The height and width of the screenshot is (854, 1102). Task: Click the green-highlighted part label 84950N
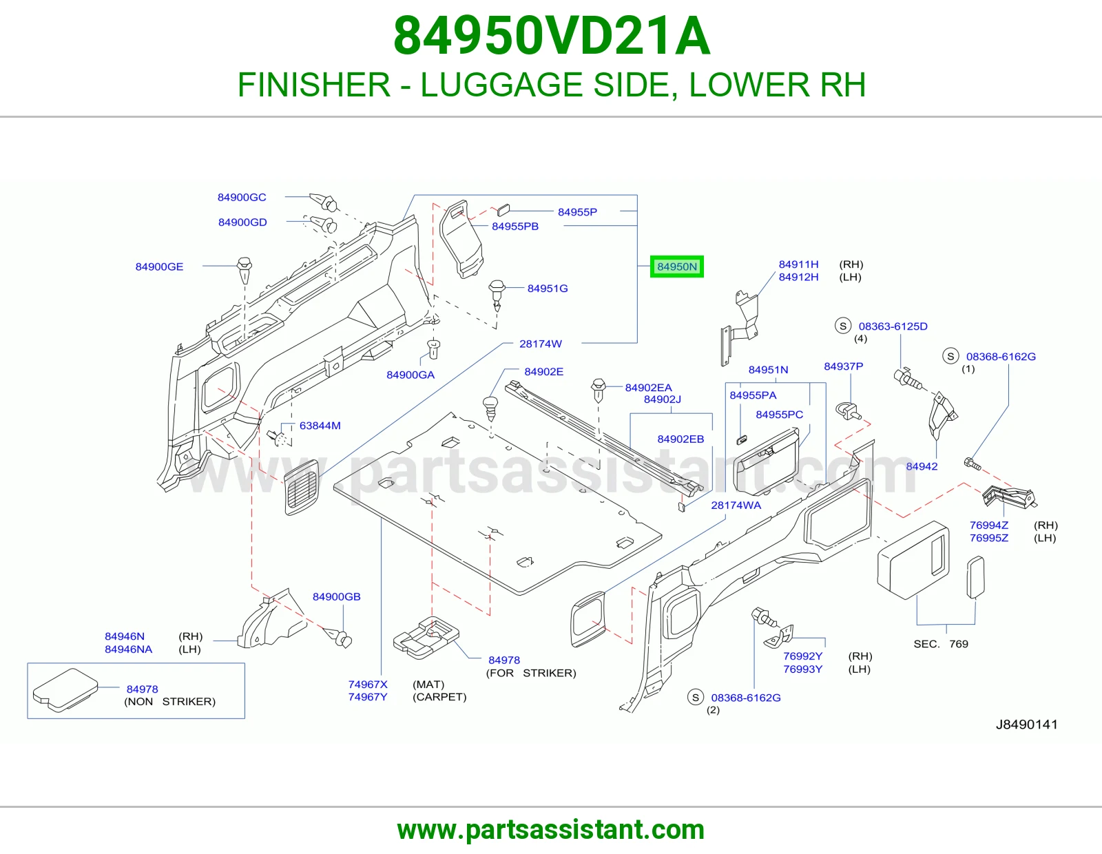click(676, 267)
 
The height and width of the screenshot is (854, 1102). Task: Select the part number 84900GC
click(241, 197)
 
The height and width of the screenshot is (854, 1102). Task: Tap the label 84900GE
click(159, 267)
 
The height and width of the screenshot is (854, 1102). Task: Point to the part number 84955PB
click(514, 226)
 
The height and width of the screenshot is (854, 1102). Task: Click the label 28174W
click(540, 344)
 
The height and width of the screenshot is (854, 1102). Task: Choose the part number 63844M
click(320, 426)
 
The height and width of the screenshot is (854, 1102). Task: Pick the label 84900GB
click(336, 596)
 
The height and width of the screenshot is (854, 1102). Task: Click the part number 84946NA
click(128, 649)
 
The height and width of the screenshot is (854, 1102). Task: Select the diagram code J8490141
click(1026, 724)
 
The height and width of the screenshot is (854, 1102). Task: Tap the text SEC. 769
click(941, 644)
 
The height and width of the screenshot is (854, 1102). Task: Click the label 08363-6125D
click(893, 326)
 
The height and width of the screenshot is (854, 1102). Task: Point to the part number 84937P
click(843, 366)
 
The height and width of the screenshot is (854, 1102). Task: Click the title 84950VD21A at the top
click(552, 36)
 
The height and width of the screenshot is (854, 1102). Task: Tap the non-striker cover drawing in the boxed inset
click(65, 689)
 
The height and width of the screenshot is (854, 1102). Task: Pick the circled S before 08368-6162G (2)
click(695, 697)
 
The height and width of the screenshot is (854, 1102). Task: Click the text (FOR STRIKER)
click(531, 673)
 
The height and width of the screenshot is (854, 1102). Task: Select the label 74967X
click(368, 684)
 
